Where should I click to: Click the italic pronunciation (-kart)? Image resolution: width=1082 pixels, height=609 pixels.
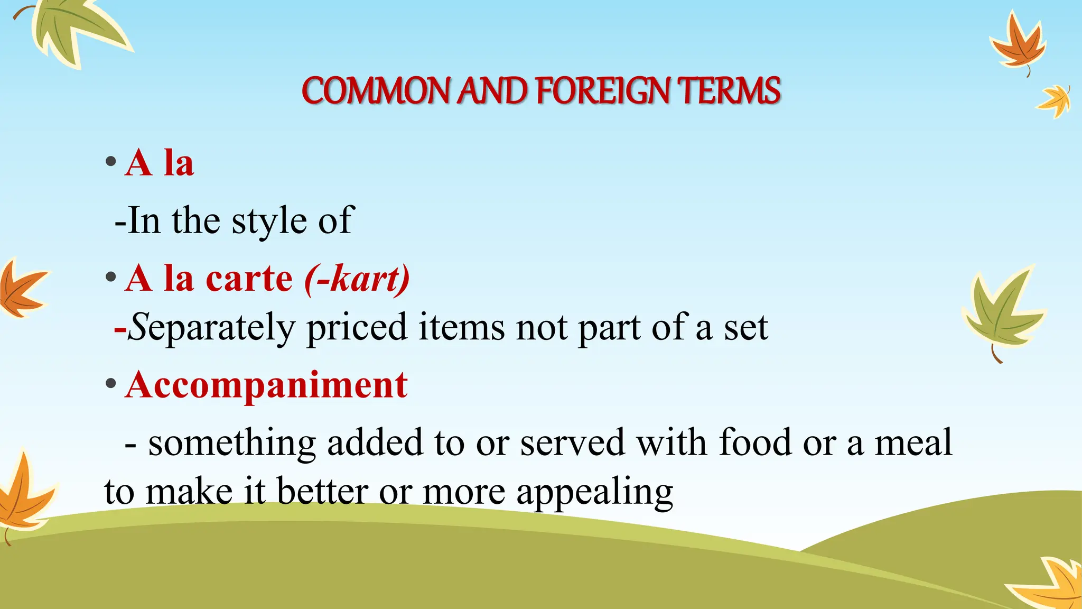[357, 279]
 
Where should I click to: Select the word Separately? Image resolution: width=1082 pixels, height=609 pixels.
[211, 328]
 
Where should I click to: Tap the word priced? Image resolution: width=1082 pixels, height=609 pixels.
[357, 328]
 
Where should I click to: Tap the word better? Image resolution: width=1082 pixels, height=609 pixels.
[322, 492]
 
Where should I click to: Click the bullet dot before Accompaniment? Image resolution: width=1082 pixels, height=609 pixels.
[110, 384]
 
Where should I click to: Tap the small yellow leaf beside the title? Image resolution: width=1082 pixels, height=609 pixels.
[1055, 100]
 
